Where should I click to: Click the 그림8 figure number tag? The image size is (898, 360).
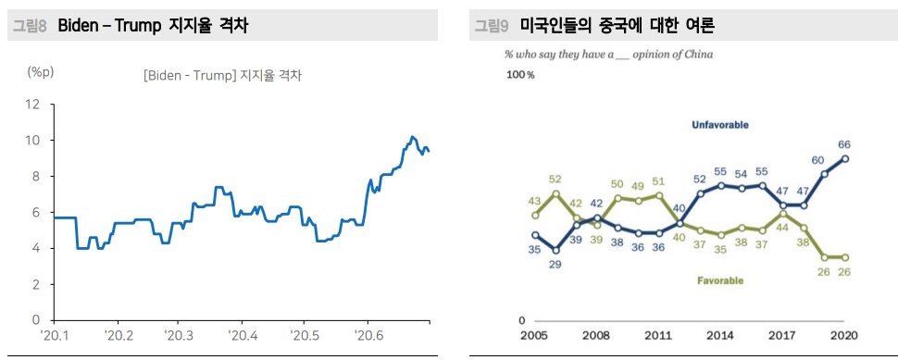29,26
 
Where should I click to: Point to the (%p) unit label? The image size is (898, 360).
42,71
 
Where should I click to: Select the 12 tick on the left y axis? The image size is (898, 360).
33,104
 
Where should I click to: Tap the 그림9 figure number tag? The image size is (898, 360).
491,26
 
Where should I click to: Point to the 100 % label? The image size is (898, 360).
520,75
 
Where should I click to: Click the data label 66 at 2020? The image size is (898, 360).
844,143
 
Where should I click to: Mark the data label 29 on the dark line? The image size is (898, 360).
555,265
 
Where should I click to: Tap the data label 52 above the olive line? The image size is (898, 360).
555,180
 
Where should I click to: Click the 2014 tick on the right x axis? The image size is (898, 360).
720,335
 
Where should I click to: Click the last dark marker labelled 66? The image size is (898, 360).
845,158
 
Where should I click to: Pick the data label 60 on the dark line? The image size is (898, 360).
817,160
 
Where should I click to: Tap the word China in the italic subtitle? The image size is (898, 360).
698,55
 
